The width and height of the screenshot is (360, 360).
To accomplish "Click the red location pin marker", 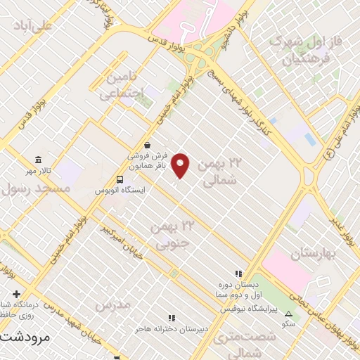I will click(x=181, y=165).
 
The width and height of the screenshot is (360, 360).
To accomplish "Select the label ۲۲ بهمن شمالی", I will click(x=219, y=172).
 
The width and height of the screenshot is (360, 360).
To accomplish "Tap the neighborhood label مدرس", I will click(x=112, y=305).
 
